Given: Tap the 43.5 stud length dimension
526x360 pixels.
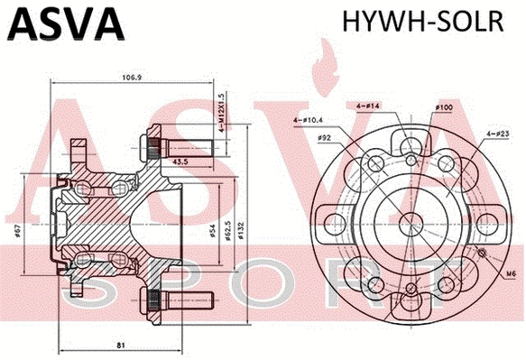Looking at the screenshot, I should [180, 162].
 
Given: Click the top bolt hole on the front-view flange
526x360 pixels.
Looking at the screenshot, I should [411, 161].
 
